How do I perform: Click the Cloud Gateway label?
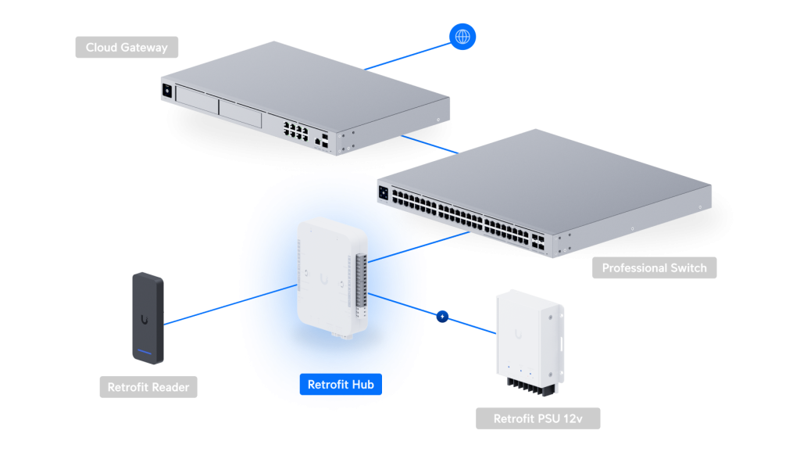click(x=127, y=48)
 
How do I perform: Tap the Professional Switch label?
click(x=654, y=268)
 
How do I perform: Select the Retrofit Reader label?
click(x=148, y=386)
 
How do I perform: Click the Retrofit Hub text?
click(x=341, y=385)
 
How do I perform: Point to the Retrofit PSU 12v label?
click(x=537, y=419)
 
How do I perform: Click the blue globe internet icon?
click(x=462, y=36)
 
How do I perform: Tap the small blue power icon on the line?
click(x=443, y=317)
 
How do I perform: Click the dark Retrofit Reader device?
click(x=146, y=317)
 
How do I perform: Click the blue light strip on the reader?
click(x=145, y=350)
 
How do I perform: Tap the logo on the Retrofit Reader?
click(x=145, y=318)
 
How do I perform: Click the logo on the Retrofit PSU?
click(x=518, y=334)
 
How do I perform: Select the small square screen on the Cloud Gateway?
click(x=166, y=91)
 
